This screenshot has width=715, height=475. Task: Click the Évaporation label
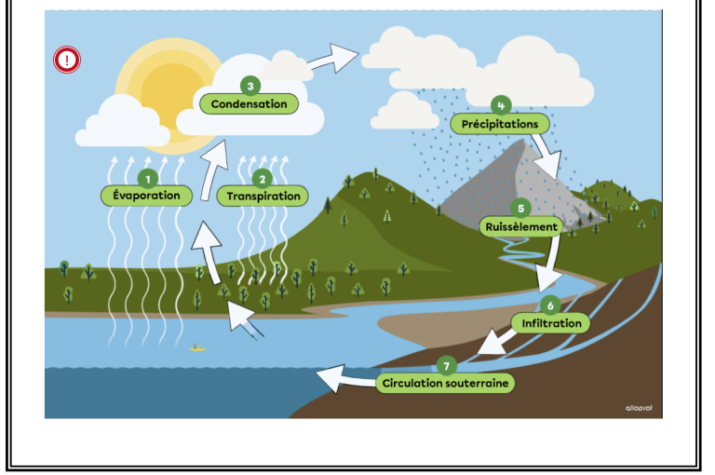coord(146,196)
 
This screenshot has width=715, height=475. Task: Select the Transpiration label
coord(263,197)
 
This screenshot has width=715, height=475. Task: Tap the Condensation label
coord(249,104)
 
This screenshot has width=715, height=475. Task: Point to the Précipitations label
coord(500,124)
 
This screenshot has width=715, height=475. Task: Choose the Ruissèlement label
coord(521,226)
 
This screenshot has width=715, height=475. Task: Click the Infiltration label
coord(551,323)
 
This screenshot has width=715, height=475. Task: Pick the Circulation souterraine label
coord(447,383)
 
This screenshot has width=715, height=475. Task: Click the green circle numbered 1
coord(146,177)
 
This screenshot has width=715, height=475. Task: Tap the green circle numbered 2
coord(263,178)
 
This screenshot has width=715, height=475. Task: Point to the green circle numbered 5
coord(521,208)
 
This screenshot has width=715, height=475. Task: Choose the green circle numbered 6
coord(550,305)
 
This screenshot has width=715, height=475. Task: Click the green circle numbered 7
coord(447,364)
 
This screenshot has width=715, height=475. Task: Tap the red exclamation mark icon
coord(67,61)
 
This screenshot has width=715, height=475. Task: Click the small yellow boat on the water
coord(196,347)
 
